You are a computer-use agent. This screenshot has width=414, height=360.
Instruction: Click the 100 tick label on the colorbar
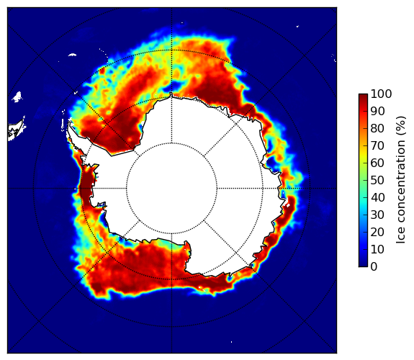point(381,94)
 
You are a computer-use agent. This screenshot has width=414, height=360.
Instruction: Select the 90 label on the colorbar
point(377,111)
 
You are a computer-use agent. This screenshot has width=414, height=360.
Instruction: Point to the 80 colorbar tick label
point(377,128)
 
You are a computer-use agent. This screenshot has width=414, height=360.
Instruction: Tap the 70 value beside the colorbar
point(377,145)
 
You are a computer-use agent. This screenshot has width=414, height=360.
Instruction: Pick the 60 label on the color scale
point(377,163)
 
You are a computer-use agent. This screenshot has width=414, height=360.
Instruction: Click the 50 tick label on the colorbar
point(377,180)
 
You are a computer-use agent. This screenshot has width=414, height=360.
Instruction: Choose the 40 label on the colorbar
point(377,197)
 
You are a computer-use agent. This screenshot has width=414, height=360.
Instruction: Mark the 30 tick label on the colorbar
point(377,215)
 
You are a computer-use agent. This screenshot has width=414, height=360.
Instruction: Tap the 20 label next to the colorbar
point(377,232)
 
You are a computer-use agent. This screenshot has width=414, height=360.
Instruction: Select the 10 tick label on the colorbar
point(377,249)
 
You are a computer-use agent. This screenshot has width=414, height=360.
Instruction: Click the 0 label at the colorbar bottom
point(374,266)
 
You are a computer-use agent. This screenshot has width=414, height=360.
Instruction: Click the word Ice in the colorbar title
point(401,236)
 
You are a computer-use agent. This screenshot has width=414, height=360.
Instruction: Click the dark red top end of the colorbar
point(363,96)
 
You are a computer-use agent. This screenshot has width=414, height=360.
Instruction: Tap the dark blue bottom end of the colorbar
point(363,265)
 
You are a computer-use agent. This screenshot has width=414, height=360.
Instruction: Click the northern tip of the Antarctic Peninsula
point(69,122)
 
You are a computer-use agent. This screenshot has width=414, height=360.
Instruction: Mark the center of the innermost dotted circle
point(171,188)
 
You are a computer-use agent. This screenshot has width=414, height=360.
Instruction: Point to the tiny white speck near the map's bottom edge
point(232,342)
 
